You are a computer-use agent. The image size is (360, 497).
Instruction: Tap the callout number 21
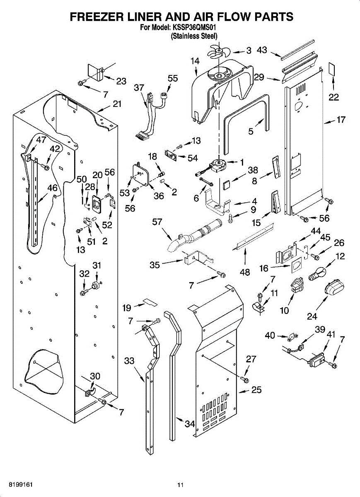coord(117,104)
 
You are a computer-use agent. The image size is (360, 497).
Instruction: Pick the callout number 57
coord(157,222)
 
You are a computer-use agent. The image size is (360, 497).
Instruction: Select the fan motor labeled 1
coord(218,164)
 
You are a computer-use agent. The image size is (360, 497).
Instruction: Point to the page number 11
coord(180,485)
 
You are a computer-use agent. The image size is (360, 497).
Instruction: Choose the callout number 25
coord(256,390)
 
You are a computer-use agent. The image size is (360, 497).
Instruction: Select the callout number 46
coord(52,188)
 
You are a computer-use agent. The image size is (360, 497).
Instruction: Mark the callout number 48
coord(245,272)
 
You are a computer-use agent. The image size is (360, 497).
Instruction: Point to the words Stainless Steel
coord(194,36)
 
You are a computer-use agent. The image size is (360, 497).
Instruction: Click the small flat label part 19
coord(150,301)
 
